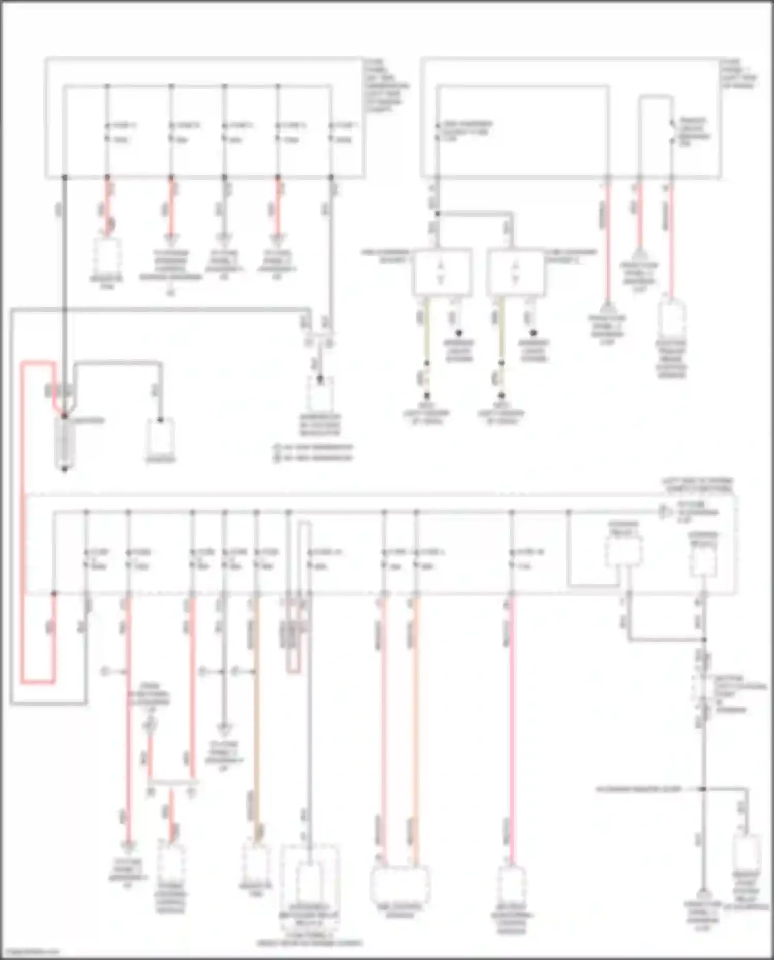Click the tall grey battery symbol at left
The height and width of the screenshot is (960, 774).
64,441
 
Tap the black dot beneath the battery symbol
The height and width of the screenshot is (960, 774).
64,469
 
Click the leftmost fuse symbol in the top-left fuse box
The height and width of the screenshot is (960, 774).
107,132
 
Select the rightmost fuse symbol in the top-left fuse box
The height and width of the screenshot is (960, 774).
331,132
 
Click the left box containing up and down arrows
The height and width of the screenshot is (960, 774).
442,272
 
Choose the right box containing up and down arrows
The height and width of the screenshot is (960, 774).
515,272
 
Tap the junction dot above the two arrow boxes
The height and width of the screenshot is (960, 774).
437,214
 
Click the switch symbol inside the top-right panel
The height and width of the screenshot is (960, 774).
672,132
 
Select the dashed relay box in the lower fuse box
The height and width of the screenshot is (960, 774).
624,552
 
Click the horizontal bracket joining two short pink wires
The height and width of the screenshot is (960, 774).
173,783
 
